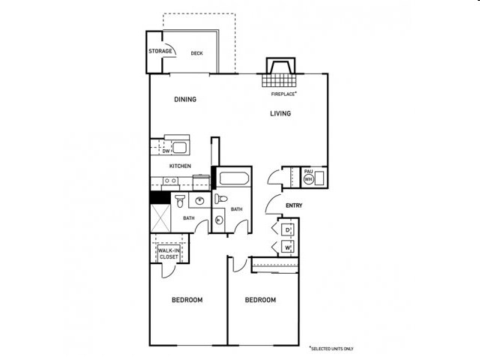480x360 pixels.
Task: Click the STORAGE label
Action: (x=160, y=51)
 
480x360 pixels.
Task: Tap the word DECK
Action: (x=196, y=53)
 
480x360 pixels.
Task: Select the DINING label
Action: (x=185, y=99)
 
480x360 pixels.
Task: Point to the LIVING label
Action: (x=280, y=113)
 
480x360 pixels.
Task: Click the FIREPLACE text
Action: (x=283, y=94)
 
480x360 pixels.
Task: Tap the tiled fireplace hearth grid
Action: (x=279, y=80)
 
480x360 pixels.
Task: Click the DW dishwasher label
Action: (x=166, y=151)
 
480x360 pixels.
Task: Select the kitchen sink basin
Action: (x=179, y=148)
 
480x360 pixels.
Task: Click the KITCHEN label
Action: (x=180, y=166)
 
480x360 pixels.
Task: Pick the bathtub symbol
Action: (x=234, y=178)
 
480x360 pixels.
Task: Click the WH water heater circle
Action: (x=308, y=179)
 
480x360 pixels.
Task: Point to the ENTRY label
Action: (x=294, y=205)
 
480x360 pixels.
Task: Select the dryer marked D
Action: (x=287, y=230)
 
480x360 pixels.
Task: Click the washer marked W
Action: (x=287, y=247)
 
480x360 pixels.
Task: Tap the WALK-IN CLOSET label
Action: (x=169, y=253)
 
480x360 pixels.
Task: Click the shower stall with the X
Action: (x=160, y=218)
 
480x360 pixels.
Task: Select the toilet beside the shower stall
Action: (x=180, y=200)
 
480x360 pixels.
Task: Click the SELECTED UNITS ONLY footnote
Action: (x=331, y=349)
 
